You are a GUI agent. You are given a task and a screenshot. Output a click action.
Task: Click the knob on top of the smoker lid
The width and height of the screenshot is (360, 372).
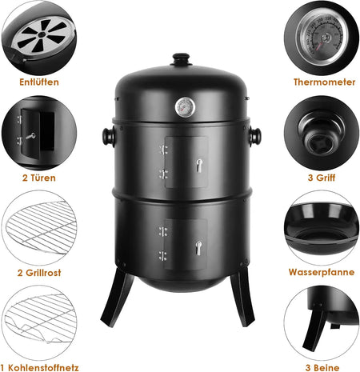click(182, 59)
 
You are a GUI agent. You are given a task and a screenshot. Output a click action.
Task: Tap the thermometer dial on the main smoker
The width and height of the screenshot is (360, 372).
click(185, 107)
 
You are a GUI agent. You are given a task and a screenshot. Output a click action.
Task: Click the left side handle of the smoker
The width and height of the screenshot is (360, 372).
click(109, 136)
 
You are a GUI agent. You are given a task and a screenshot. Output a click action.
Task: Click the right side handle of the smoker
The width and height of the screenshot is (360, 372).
click(254, 136)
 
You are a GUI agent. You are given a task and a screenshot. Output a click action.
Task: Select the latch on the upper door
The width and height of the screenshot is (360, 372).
click(199, 166)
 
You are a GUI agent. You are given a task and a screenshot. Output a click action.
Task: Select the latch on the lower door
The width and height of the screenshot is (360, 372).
click(198, 248)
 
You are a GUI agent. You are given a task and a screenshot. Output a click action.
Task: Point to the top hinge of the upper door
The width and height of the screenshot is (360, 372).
click(163, 150)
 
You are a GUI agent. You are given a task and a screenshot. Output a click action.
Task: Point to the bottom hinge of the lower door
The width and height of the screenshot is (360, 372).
click(162, 255)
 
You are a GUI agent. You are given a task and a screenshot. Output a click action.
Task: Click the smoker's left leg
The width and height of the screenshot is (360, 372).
click(117, 298)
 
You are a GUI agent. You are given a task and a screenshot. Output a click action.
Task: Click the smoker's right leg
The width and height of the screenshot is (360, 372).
click(242, 297)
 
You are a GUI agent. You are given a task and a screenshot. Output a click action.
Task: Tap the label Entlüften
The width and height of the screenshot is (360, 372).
click(39, 82)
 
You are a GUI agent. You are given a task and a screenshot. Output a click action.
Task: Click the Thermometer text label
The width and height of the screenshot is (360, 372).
click(324, 82)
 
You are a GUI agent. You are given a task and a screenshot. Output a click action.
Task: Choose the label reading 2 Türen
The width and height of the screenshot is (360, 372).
click(39, 178)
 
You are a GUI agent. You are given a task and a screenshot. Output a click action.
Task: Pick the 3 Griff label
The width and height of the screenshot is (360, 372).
click(322, 178)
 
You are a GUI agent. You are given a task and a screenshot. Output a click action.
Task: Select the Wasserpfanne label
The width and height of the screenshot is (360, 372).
click(322, 272)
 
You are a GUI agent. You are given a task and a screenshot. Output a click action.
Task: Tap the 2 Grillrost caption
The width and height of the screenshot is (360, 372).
click(39, 273)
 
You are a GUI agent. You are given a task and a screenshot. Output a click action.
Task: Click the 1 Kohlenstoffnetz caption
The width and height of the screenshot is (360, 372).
click(39, 368)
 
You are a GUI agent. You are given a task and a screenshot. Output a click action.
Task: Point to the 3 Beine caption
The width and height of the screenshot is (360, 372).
click(322, 368)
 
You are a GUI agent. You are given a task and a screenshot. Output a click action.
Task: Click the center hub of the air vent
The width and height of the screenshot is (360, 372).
click(42, 34)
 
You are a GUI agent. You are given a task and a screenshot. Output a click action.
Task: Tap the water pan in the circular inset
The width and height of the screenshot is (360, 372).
click(322, 226)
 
